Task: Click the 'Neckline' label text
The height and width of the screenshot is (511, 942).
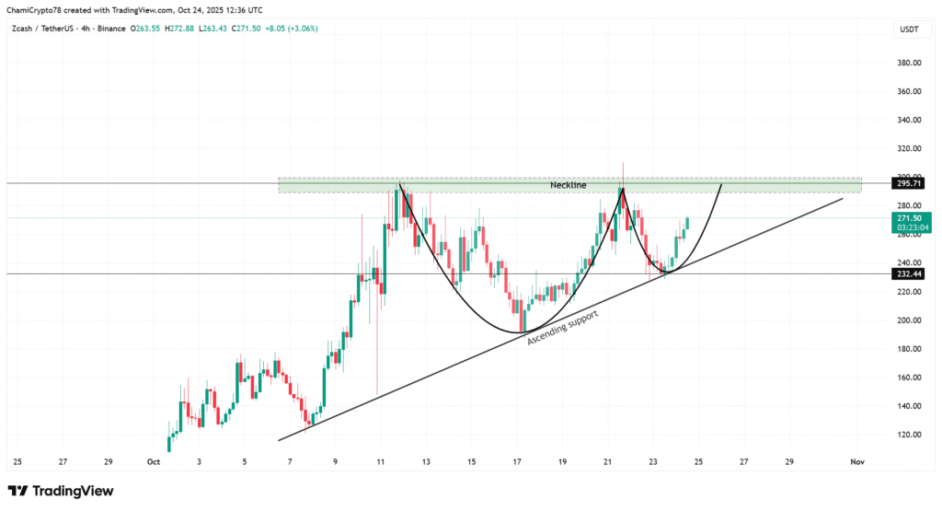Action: (568, 185)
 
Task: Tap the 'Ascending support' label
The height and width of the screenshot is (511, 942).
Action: (562, 327)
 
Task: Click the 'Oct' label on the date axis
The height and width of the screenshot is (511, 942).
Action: (154, 461)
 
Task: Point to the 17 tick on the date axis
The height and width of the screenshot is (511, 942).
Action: (518, 461)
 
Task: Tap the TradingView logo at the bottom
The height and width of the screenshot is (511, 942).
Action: (61, 492)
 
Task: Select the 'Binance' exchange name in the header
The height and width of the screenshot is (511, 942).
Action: (109, 29)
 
